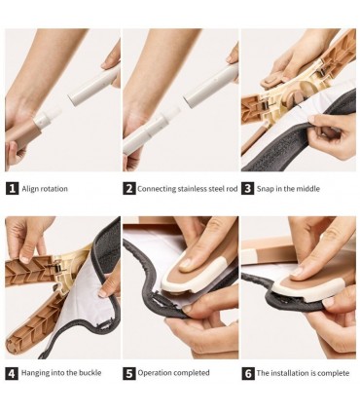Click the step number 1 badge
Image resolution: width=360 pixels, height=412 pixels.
click(x=12, y=189)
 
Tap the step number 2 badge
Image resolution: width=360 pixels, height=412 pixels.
click(x=128, y=189)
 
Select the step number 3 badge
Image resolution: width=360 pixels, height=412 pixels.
click(x=248, y=189)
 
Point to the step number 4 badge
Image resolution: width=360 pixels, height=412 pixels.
click(x=12, y=373)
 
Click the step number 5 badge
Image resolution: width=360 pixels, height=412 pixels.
click(x=129, y=373)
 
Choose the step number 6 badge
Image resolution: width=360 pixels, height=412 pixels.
click(x=248, y=373)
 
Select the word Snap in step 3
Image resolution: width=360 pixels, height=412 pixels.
click(x=266, y=189)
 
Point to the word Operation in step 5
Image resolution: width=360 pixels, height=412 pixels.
click(x=153, y=373)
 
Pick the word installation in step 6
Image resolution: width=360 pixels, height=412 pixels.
click(x=290, y=373)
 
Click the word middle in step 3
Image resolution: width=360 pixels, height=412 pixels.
click(x=308, y=189)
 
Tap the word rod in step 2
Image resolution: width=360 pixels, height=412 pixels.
click(x=232, y=189)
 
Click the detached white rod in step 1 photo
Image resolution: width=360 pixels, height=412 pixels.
click(x=93, y=86)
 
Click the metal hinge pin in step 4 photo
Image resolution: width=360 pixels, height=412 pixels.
click(x=57, y=268)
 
